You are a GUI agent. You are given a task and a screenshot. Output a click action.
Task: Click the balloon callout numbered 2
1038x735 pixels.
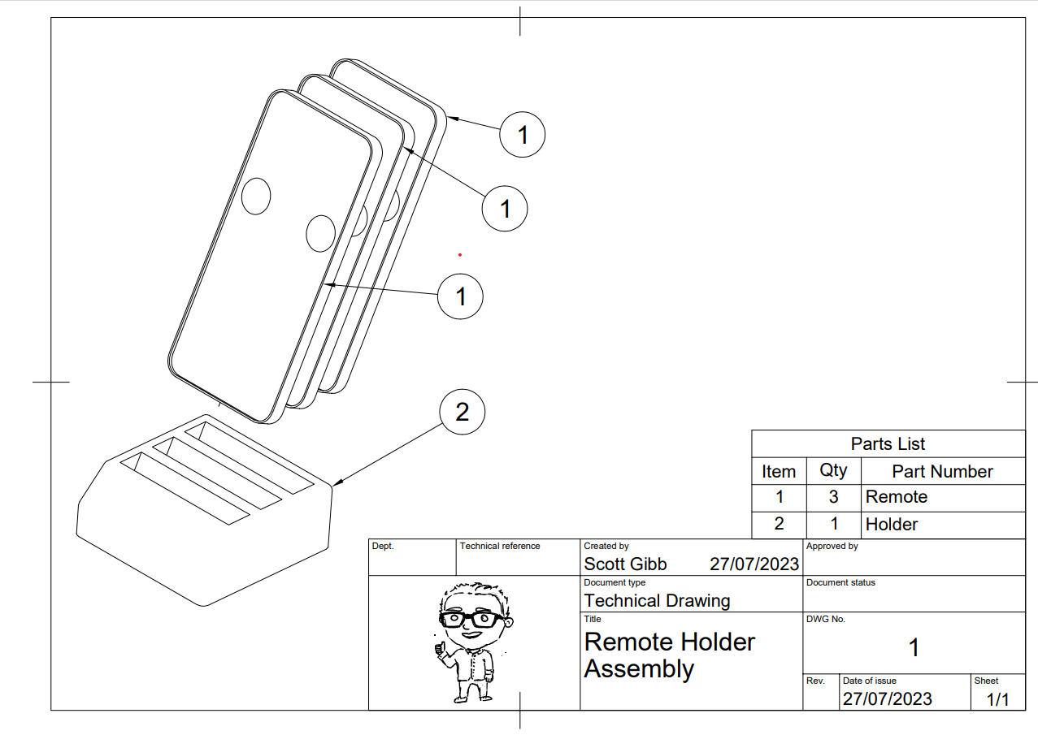pyautogui.click(x=462, y=413)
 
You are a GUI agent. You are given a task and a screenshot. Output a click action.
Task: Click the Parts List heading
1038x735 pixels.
pyautogui.click(x=888, y=443)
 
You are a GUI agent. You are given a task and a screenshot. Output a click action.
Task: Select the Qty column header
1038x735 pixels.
pyautogui.click(x=833, y=470)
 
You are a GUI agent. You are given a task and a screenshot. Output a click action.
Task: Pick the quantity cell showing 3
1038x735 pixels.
pyautogui.click(x=833, y=497)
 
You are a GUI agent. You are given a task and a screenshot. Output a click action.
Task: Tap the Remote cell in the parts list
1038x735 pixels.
pyautogui.click(x=897, y=497)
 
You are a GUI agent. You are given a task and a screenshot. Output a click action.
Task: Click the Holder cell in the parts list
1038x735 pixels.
pyautogui.click(x=892, y=525)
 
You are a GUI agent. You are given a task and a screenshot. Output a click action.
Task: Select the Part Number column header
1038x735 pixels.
pyautogui.click(x=942, y=471)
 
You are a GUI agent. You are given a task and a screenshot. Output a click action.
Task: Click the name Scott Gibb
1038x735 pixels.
pyautogui.click(x=625, y=564)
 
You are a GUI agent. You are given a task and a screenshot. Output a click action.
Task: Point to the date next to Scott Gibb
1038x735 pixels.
pyautogui.click(x=754, y=564)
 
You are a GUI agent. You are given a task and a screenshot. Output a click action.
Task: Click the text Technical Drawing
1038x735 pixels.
pyautogui.click(x=657, y=601)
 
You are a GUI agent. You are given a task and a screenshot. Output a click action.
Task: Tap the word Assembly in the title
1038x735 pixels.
pyautogui.click(x=639, y=669)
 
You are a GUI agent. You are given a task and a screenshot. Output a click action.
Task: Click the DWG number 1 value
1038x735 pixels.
pyautogui.click(x=914, y=648)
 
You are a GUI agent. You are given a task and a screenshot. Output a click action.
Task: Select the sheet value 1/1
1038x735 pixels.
pyautogui.click(x=997, y=699)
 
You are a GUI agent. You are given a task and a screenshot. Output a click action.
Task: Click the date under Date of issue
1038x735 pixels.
pyautogui.click(x=887, y=699)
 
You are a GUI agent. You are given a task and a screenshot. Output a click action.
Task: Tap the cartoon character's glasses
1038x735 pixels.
pyautogui.click(x=472, y=619)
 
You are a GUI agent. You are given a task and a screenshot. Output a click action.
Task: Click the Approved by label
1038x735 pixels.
pyautogui.click(x=832, y=547)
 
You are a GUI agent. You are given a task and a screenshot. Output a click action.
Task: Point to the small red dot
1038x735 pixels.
pyautogui.click(x=460, y=255)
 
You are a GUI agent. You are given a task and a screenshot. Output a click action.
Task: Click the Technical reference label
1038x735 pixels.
pyautogui.click(x=499, y=547)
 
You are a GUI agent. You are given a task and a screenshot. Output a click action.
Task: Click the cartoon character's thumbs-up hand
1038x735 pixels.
pyautogui.click(x=441, y=648)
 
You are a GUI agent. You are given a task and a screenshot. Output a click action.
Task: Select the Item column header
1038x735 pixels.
pyautogui.click(x=779, y=471)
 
